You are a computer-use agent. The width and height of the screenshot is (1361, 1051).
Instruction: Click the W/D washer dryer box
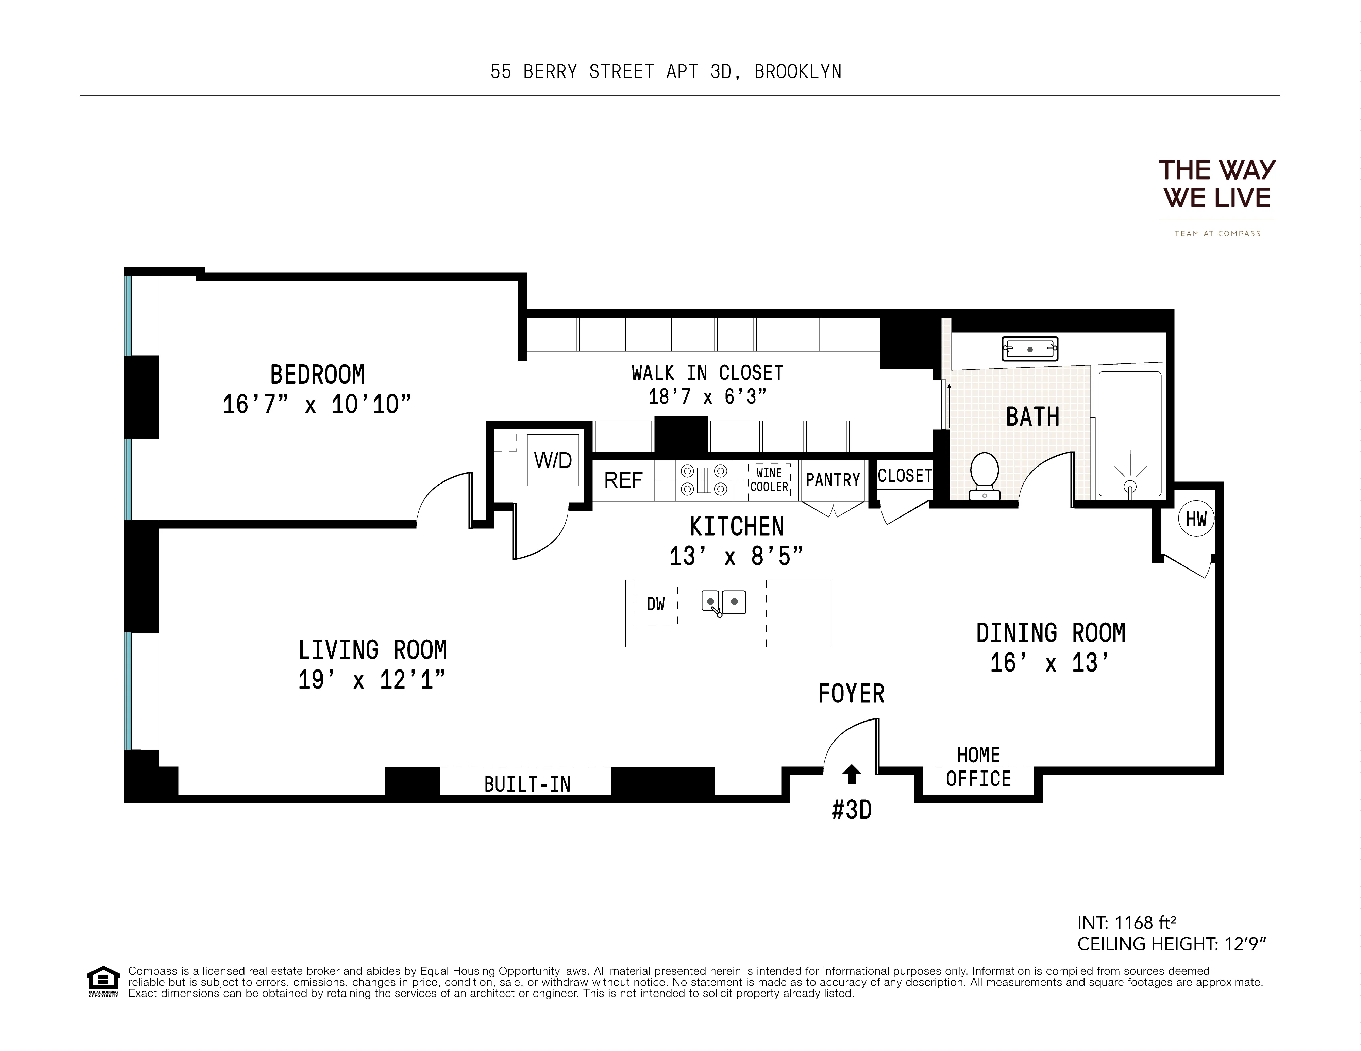pos(553,460)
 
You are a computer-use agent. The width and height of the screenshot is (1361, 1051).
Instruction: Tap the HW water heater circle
pos(1196,519)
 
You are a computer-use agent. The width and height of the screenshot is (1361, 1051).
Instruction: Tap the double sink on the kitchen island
pos(723,603)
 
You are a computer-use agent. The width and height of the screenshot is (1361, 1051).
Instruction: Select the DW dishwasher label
pos(656,604)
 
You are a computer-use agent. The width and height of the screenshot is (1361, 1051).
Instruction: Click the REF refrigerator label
pos(623,480)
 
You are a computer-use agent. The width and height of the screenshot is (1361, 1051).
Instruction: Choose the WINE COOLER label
pos(769,480)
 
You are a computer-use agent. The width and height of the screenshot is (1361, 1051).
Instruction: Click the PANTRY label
pos(833,480)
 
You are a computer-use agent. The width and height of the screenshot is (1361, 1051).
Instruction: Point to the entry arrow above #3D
pos(851,774)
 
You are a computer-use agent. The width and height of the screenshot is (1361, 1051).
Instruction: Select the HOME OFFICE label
pos(978,767)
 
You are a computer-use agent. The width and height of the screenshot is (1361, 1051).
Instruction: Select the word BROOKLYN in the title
pos(797,72)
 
